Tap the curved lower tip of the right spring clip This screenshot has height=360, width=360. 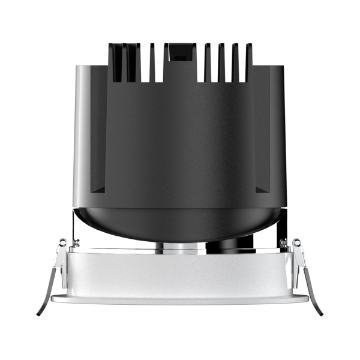(x=320, y=311)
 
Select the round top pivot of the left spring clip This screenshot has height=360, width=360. (x=62, y=243)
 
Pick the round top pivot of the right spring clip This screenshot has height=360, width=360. (x=296, y=243)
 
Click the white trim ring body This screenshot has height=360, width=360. (x=180, y=273)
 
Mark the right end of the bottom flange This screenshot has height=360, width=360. (x=305, y=298)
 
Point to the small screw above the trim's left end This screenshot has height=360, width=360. (x=76, y=244)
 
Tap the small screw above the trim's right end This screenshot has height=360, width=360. (x=283, y=244)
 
